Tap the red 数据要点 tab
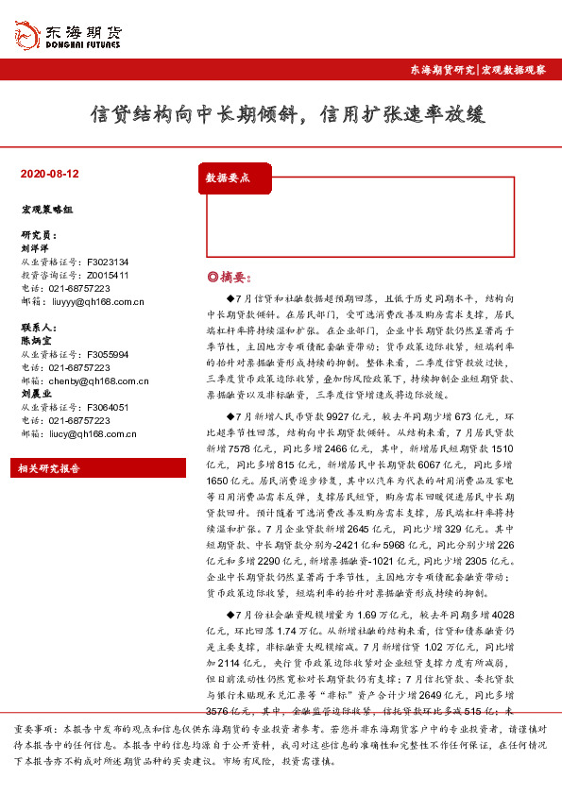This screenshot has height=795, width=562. pyautogui.click(x=228, y=178)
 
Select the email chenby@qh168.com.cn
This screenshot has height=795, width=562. pyautogui.click(x=95, y=381)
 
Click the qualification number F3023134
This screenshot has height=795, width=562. pyautogui.click(x=108, y=262)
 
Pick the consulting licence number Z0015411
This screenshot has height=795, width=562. pyautogui.click(x=107, y=275)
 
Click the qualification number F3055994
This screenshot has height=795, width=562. pyautogui.click(x=108, y=354)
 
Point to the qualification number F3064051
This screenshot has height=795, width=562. pyautogui.click(x=108, y=407)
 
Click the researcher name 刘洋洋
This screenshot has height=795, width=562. pyautogui.click(x=34, y=248)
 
